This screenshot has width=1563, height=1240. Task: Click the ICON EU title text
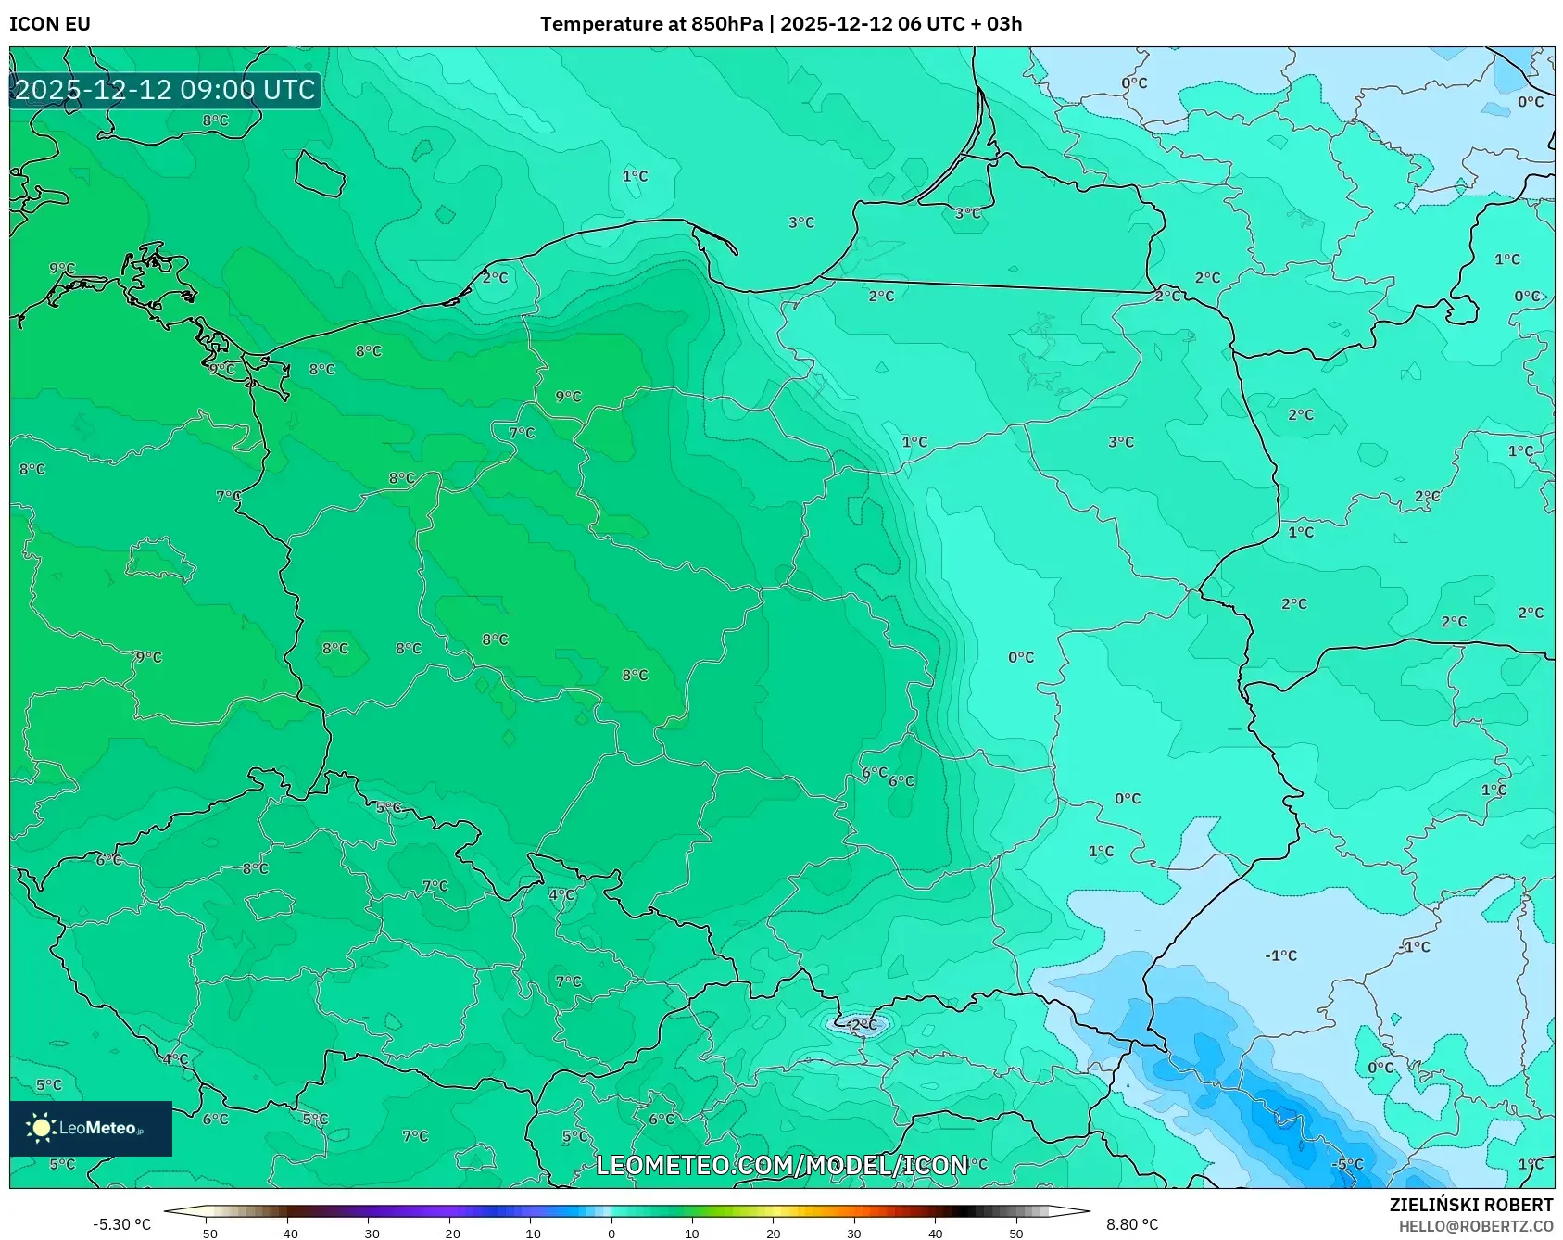click(50, 24)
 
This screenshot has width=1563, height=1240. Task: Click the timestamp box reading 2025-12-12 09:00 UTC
click(165, 90)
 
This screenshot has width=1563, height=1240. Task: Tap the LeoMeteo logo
click(91, 1128)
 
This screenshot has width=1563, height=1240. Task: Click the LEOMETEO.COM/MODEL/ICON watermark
click(782, 1165)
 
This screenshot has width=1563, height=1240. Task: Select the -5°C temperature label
click(1347, 1164)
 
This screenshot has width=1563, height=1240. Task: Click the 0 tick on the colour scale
click(611, 1234)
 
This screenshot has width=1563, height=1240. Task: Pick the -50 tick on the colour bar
click(207, 1234)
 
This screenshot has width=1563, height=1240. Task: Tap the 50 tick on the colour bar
click(1016, 1234)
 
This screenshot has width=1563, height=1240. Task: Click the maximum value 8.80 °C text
click(1132, 1224)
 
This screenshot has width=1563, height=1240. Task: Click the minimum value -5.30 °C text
click(121, 1224)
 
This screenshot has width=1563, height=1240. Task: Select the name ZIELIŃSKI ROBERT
click(1470, 1205)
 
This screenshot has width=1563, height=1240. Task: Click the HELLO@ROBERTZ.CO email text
click(1475, 1226)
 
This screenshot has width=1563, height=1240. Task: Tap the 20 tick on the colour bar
click(773, 1234)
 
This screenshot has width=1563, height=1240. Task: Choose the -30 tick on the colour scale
click(369, 1234)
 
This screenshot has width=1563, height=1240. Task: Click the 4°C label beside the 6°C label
click(175, 1058)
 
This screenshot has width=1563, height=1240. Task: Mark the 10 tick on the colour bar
click(692, 1234)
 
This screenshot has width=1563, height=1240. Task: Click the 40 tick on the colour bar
click(935, 1234)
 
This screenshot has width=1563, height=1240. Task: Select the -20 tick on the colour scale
click(449, 1234)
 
